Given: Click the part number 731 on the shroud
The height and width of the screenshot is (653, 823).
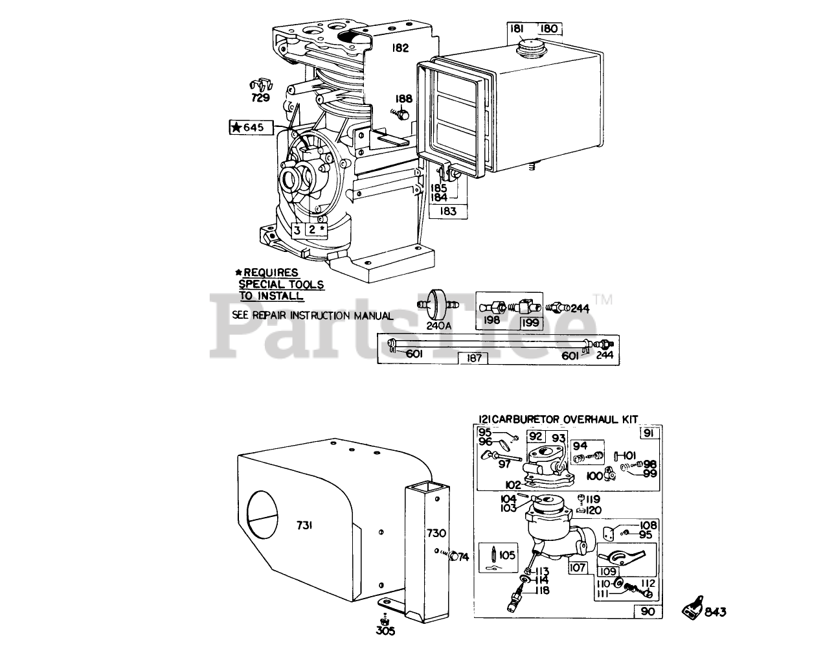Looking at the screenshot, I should (305, 526).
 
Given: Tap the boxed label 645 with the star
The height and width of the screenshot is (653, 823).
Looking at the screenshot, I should (247, 127).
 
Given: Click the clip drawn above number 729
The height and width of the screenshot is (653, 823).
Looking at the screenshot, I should (260, 86).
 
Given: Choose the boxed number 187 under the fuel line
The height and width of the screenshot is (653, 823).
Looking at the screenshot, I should (475, 358).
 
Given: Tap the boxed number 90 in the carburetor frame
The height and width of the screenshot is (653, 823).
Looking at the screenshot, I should (648, 611).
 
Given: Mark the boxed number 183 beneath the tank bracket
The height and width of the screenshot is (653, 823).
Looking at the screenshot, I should (447, 211).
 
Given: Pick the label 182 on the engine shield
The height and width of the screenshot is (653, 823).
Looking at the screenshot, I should (400, 48).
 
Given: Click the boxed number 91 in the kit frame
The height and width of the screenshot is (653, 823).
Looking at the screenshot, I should (649, 433).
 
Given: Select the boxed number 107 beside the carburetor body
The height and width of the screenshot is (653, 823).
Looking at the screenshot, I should (577, 567).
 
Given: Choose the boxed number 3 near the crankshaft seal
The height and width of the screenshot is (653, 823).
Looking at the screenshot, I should (297, 229).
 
